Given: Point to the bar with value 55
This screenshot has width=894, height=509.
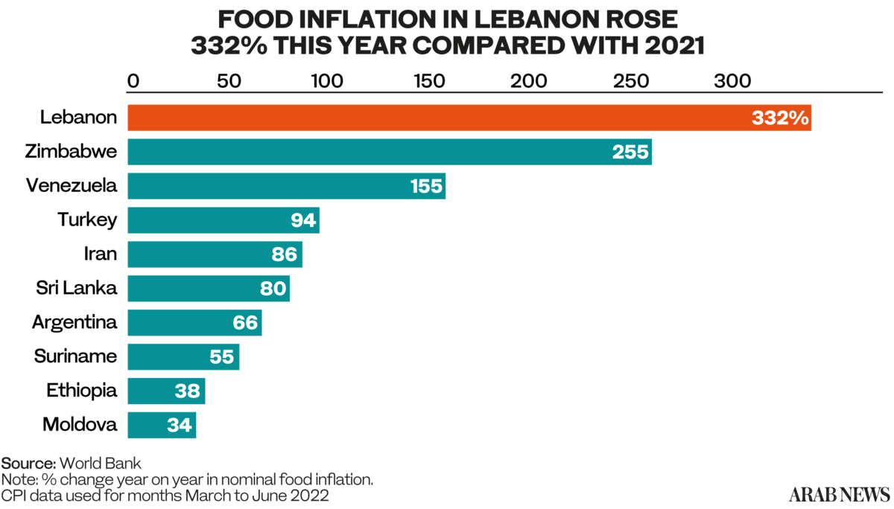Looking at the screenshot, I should pyautogui.click(x=171, y=356).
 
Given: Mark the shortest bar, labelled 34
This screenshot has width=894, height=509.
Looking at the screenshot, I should pyautogui.click(x=149, y=425).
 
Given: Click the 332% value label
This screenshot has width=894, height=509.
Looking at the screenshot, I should pyautogui.click(x=780, y=118).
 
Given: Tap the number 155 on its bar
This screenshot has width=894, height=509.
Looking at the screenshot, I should pyautogui.click(x=426, y=186).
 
